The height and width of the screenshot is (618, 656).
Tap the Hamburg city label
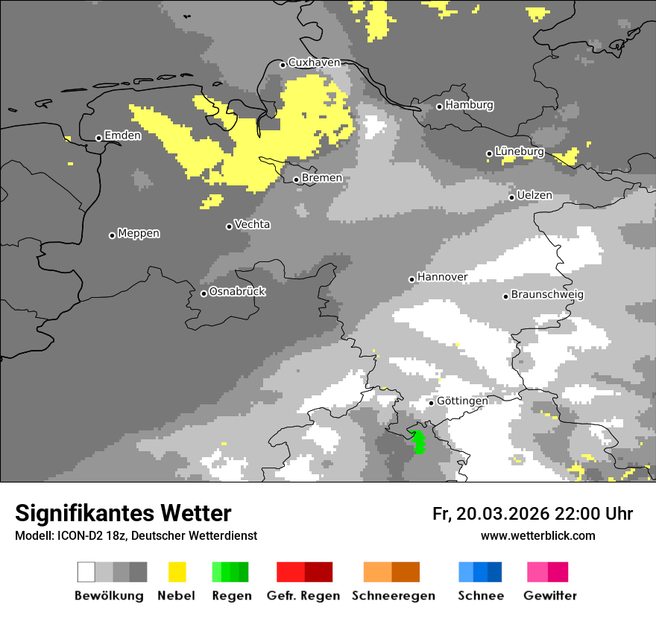[470, 105]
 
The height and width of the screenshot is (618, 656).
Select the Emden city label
[122, 136]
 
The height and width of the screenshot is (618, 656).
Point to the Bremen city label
[322, 178]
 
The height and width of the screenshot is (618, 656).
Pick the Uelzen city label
[534, 195]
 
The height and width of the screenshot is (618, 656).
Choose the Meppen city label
[139, 233]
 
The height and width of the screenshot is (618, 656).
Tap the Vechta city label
[252, 224]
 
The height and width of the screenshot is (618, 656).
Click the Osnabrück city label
[237, 292]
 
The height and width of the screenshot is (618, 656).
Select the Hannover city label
[442, 277]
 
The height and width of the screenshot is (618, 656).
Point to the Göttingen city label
[462, 401]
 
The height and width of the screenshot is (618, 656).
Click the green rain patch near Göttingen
[418, 441]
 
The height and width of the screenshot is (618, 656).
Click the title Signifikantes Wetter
[123, 514]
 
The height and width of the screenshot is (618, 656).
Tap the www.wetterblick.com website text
[537, 535]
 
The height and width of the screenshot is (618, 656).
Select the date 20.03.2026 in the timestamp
[500, 514]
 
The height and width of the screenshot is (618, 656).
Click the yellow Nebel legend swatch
[177, 572]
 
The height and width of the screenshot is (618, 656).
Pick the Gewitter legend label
[549, 596]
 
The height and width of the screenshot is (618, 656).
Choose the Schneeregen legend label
[393, 596]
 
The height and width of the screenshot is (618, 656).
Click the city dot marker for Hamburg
[439, 106]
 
